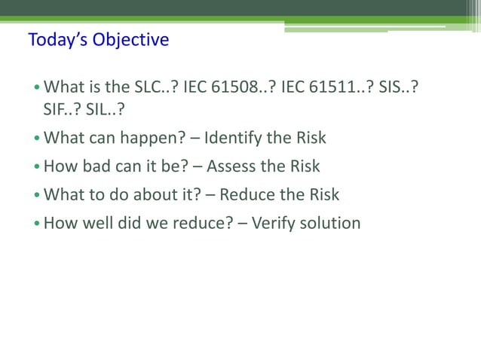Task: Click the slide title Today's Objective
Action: [x=98, y=40]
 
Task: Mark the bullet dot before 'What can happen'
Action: [x=37, y=139]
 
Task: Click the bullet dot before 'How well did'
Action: [x=37, y=224]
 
